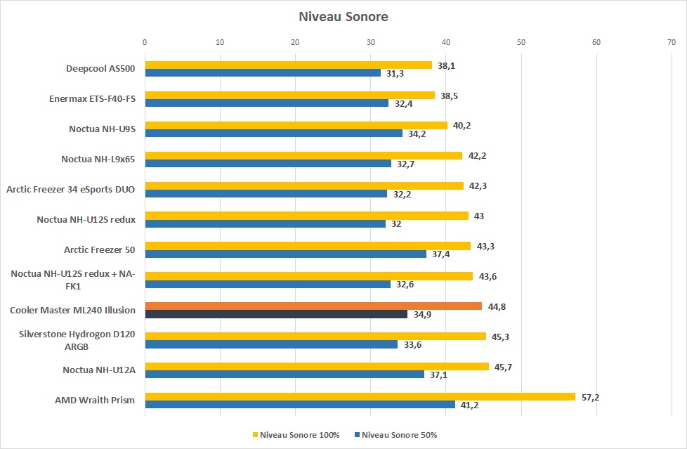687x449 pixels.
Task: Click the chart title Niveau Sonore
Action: click(x=343, y=16)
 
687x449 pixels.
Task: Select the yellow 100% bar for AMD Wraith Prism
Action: click(x=360, y=396)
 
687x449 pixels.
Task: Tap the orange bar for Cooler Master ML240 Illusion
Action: click(x=313, y=306)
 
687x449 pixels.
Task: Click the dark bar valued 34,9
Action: click(x=276, y=314)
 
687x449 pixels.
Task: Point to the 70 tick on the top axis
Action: click(x=672, y=43)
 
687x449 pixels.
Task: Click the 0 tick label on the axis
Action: click(x=145, y=43)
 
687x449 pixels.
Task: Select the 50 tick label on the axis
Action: click(x=521, y=43)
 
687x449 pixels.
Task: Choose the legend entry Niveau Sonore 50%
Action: click(x=397, y=435)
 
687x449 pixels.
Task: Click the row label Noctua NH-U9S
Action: click(x=102, y=129)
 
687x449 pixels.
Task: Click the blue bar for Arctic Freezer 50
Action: click(x=285, y=254)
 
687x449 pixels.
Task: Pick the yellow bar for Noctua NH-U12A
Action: click(x=317, y=366)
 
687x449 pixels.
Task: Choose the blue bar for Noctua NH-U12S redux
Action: click(x=265, y=223)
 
